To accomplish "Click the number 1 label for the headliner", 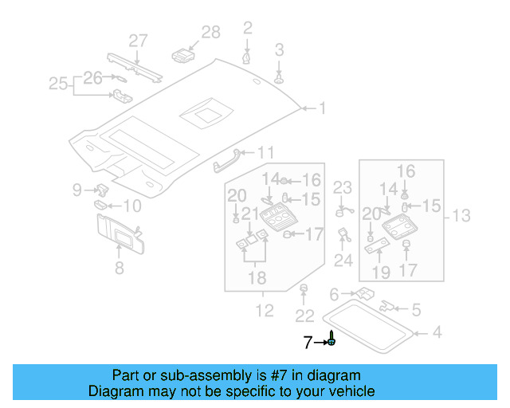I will tap(323, 108).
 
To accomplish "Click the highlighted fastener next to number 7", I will tap(331, 341).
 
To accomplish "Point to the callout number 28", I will tap(210, 33).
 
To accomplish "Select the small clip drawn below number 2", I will tap(248, 57).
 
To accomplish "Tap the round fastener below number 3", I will tap(280, 78).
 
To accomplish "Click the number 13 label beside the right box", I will tap(462, 215).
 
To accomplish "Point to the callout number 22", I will tap(303, 316).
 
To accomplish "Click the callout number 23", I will tap(342, 188).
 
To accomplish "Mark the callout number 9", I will tap(77, 189).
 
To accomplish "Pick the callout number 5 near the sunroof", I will tap(416, 308).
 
